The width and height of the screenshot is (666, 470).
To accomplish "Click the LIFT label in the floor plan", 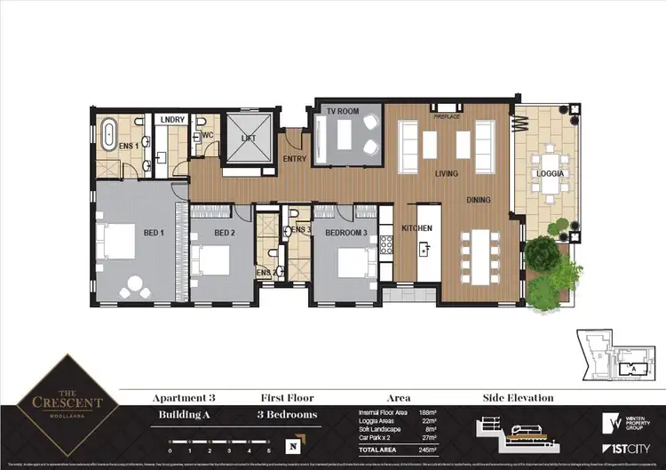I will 249,139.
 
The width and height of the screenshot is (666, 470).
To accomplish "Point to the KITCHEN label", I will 417,228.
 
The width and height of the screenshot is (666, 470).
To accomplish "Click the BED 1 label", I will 154,233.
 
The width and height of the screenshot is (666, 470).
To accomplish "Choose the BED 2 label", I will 225,233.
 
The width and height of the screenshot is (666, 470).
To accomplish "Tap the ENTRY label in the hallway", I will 294,159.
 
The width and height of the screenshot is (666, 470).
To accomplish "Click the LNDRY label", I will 170,118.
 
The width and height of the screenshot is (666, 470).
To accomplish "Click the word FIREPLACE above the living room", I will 445,116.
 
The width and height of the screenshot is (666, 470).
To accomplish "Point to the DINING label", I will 479,200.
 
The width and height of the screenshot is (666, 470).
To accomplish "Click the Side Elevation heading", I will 518,398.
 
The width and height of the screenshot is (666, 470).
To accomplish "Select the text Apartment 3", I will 184,398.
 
